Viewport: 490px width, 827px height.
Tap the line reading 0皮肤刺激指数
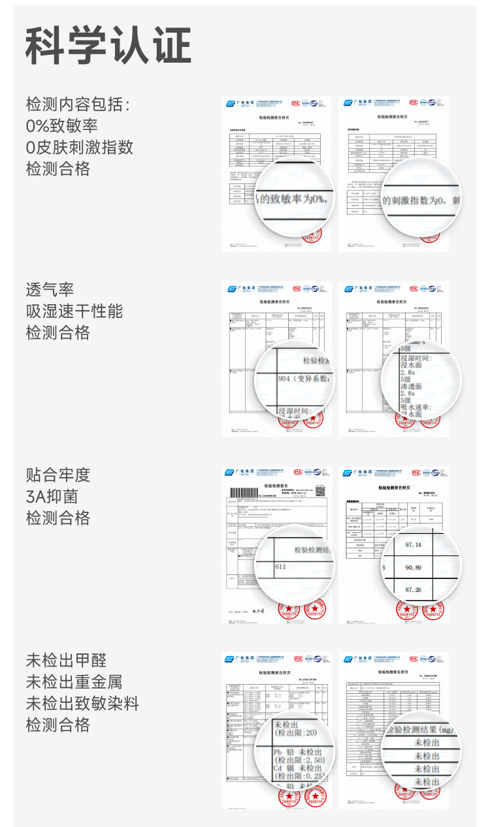tap(79, 147)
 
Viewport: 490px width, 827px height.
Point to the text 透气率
tap(50, 289)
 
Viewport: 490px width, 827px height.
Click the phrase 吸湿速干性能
tap(74, 311)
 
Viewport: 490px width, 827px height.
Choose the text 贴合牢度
tap(57, 475)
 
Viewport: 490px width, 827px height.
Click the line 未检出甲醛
tap(65, 660)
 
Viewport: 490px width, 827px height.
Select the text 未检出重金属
tap(74, 681)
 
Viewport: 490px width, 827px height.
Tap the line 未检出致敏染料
tap(82, 703)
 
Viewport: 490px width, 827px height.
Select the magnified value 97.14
tap(414, 545)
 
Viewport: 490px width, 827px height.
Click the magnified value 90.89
tap(414, 568)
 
